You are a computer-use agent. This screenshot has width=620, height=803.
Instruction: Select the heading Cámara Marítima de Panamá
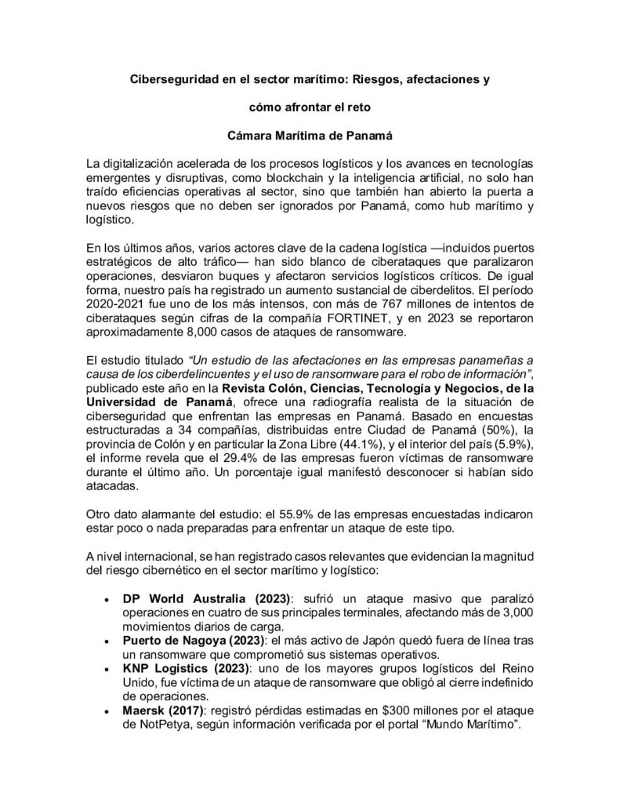[x=310, y=134]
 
